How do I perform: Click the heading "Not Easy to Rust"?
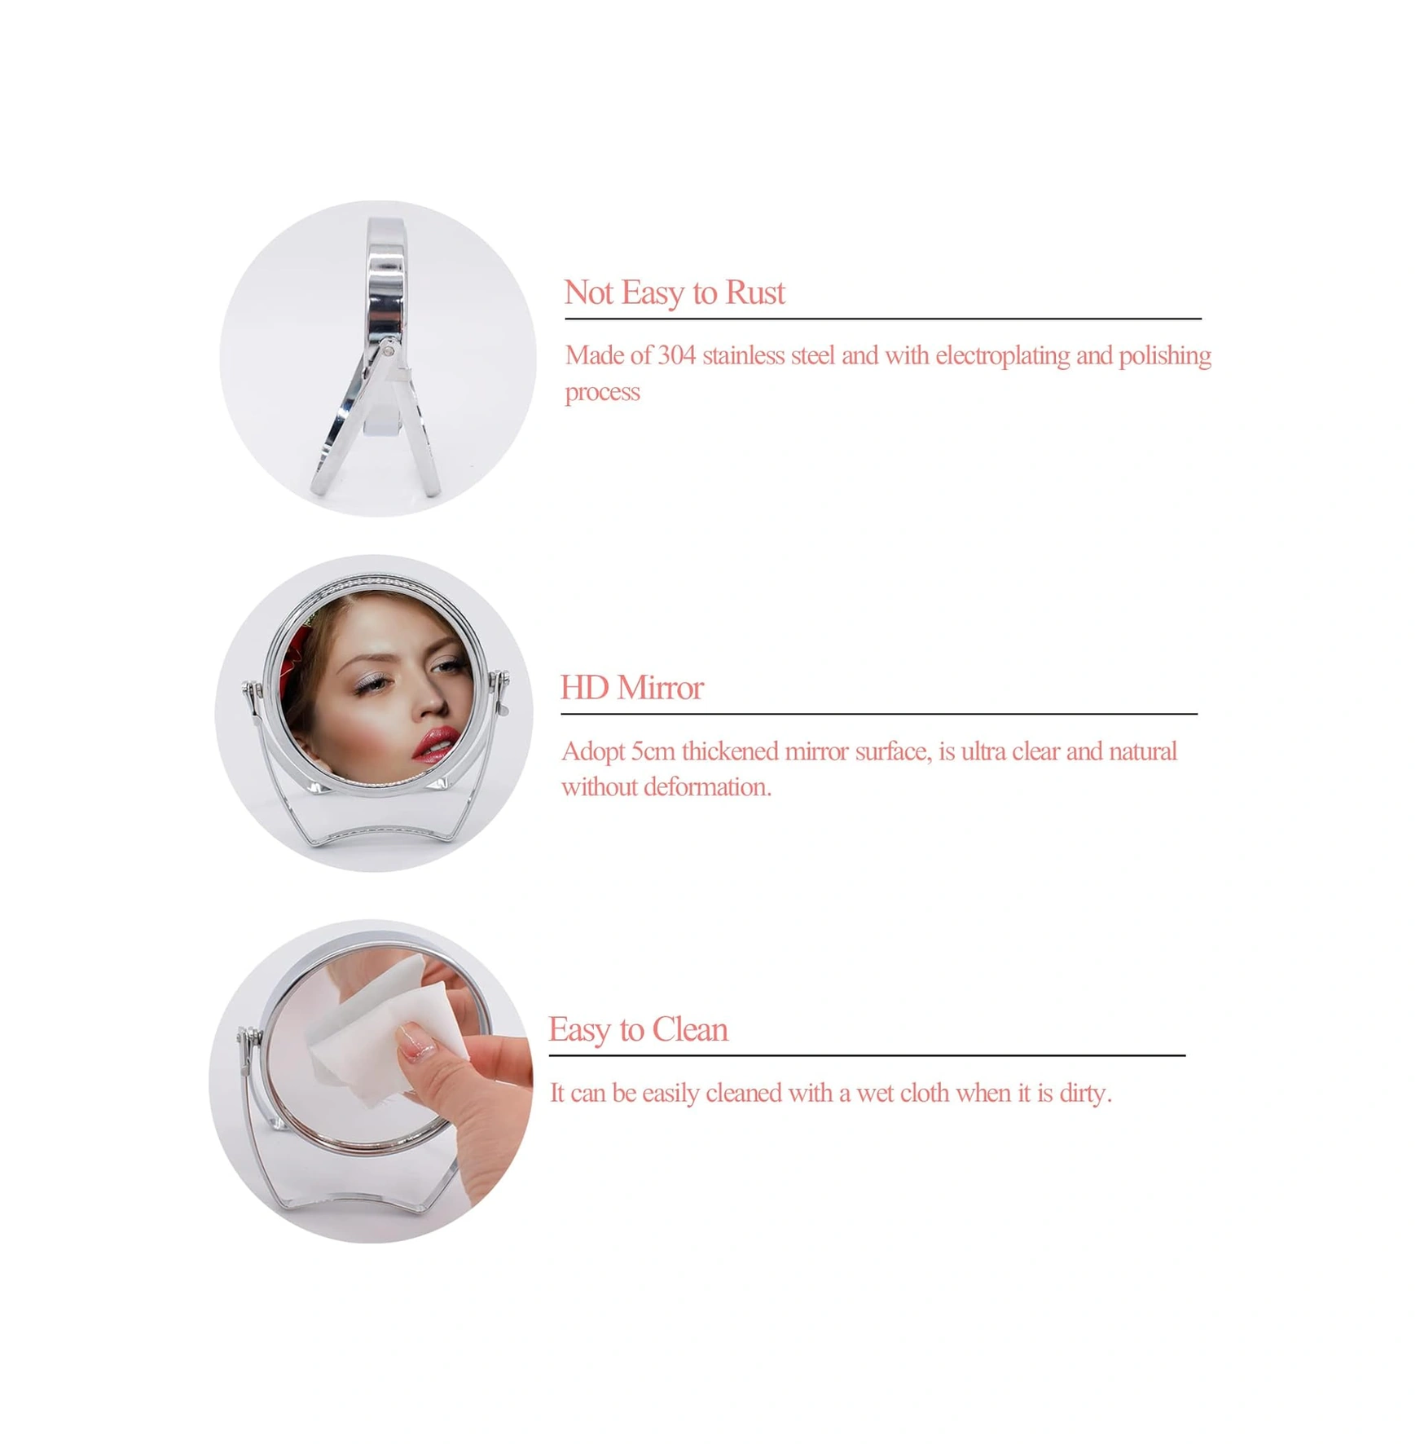tap(675, 293)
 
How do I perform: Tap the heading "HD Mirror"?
tap(631, 688)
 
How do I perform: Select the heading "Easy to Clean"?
tap(638, 1030)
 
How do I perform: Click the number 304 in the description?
tap(676, 355)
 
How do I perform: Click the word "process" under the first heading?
tap(603, 393)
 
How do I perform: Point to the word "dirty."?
tap(1085, 1094)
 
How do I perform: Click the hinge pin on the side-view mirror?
tap(389, 350)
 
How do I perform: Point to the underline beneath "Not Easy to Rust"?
tap(883, 319)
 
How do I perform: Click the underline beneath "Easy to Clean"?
tap(867, 1055)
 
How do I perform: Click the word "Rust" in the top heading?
tap(755, 293)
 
